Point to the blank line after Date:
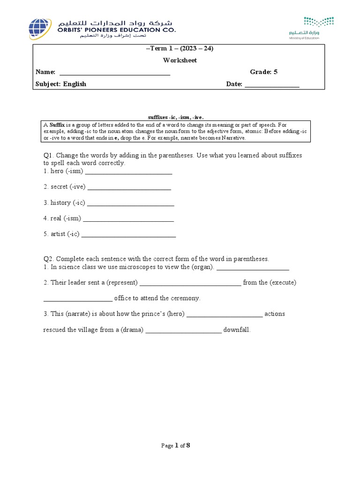(272, 86)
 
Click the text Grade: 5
(263, 72)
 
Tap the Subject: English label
(61, 84)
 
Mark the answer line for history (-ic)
(131, 204)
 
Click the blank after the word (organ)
(253, 269)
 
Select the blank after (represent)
(190, 285)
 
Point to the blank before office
(78, 300)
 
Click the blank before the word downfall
(183, 332)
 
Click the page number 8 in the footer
(188, 445)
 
